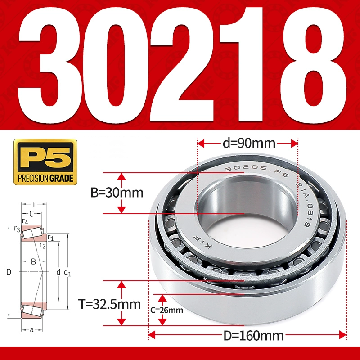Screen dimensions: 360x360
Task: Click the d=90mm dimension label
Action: pyautogui.click(x=248, y=144)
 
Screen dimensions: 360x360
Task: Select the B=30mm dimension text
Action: pyautogui.click(x=117, y=193)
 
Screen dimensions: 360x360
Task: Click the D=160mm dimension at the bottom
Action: pyautogui.click(x=248, y=335)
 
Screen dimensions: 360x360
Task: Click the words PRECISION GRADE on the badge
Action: pyautogui.click(x=45, y=179)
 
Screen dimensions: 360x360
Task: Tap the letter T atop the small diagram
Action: pyautogui.click(x=33, y=204)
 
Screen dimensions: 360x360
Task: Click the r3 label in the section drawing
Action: pyautogui.click(x=17, y=229)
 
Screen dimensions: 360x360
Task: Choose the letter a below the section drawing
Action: pyautogui.click(x=31, y=330)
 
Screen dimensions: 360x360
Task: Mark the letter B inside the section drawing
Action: pyautogui.click(x=33, y=261)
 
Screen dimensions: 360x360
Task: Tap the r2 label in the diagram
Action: pyautogui.click(x=43, y=245)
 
